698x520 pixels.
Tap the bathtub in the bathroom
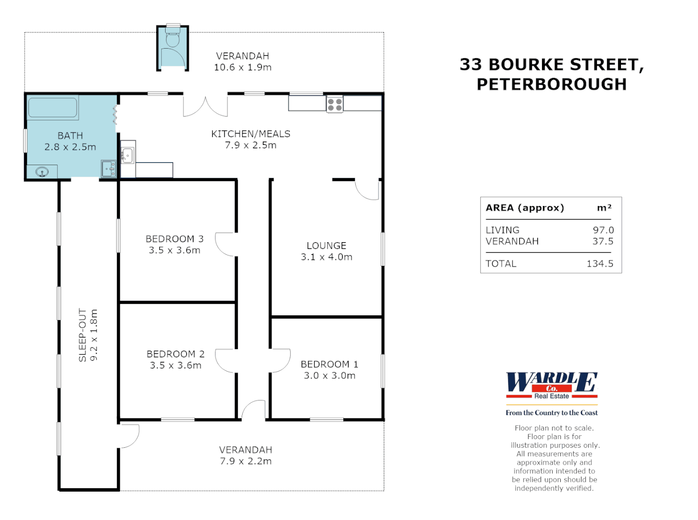click(x=52, y=108)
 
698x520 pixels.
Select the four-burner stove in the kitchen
click(x=335, y=104)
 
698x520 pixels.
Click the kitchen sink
click(x=128, y=155)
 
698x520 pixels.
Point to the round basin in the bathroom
click(x=42, y=172)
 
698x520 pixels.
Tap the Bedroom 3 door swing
click(x=224, y=244)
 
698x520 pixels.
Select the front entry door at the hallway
click(x=254, y=410)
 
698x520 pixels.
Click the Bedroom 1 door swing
click(x=280, y=360)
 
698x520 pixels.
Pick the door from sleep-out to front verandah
click(x=129, y=436)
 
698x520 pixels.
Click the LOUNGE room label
click(x=326, y=246)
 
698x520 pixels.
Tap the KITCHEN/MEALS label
click(x=251, y=134)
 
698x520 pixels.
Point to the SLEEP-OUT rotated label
click(x=82, y=335)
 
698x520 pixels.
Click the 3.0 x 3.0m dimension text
click(x=330, y=376)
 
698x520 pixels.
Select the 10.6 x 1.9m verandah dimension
click(x=243, y=67)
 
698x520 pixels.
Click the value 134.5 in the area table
click(x=600, y=263)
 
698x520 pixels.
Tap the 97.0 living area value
click(x=603, y=230)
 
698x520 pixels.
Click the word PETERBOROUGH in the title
click(x=552, y=84)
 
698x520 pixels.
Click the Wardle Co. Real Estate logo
click(x=552, y=386)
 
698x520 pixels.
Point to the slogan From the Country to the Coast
click(x=552, y=413)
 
